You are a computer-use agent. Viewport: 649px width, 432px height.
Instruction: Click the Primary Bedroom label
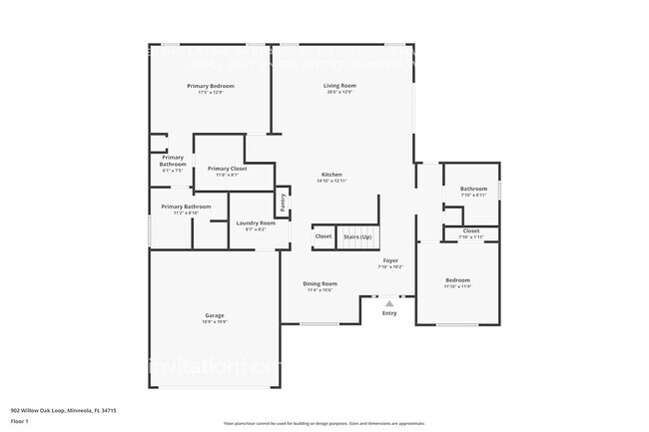coord(210,86)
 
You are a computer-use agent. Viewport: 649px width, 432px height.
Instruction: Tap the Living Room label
coord(339,86)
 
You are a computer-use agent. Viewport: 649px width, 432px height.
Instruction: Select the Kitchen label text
coord(330,175)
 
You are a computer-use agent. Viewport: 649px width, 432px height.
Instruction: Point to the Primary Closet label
coord(227,169)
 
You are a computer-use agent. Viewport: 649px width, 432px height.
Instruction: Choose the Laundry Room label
coord(256,222)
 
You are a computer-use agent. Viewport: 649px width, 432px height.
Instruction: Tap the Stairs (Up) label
coord(357,236)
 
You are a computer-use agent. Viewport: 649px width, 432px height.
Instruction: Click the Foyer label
coord(390,260)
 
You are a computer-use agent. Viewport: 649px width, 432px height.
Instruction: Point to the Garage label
coord(215,315)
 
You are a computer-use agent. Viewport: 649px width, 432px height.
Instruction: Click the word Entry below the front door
coord(389,313)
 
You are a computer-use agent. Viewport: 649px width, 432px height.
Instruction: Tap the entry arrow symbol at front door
coord(389,302)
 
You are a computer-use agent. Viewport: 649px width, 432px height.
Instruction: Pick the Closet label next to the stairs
coord(324,236)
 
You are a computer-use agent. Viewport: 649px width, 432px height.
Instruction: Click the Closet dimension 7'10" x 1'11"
coord(470,236)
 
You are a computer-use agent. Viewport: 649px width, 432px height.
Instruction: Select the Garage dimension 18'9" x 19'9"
coord(215,322)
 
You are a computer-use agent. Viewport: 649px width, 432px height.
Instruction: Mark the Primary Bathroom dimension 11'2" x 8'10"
coord(186,213)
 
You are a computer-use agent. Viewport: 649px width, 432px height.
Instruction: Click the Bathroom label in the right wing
coord(473,189)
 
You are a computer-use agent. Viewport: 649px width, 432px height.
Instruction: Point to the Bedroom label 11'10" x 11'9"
coord(457,280)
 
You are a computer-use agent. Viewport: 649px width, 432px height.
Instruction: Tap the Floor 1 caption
coord(20,421)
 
